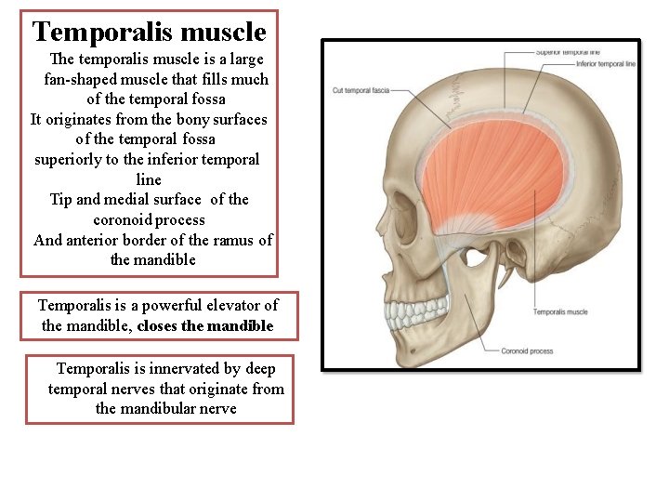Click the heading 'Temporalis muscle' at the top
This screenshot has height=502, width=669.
149,33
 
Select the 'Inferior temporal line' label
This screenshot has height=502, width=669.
605,64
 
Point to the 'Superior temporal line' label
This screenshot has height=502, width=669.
568,52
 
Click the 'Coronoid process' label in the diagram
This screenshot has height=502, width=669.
528,351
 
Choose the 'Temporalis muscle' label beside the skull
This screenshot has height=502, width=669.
560,311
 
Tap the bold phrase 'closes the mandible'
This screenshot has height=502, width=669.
205,325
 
